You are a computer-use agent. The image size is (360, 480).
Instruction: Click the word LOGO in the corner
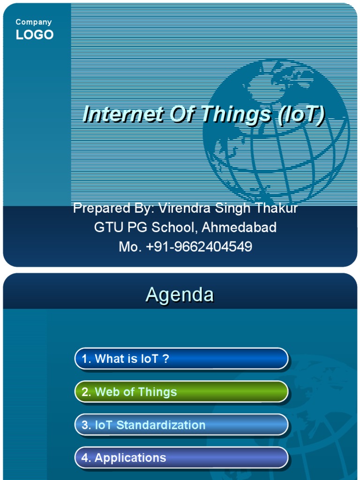pyautogui.click(x=35, y=35)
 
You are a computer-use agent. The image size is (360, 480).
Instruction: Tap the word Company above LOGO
pyautogui.click(x=34, y=22)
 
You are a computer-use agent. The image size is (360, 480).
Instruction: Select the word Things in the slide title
pyautogui.click(x=236, y=115)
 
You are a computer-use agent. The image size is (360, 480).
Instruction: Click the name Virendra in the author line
pyautogui.click(x=185, y=208)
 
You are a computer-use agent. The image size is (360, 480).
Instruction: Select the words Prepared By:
pyautogui.click(x=114, y=208)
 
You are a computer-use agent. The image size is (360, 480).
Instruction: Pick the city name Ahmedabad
pyautogui.click(x=239, y=228)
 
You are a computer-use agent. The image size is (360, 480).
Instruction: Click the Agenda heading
pyautogui.click(x=180, y=295)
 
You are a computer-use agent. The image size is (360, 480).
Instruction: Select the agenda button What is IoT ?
pyautogui.click(x=181, y=359)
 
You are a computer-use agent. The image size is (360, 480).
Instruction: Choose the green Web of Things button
pyautogui.click(x=181, y=392)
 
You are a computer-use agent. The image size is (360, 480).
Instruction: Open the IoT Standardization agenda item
pyautogui.click(x=181, y=425)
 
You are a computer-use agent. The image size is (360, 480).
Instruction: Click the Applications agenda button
pyautogui.click(x=181, y=458)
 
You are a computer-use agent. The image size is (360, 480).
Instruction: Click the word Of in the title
pyautogui.click(x=180, y=115)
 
